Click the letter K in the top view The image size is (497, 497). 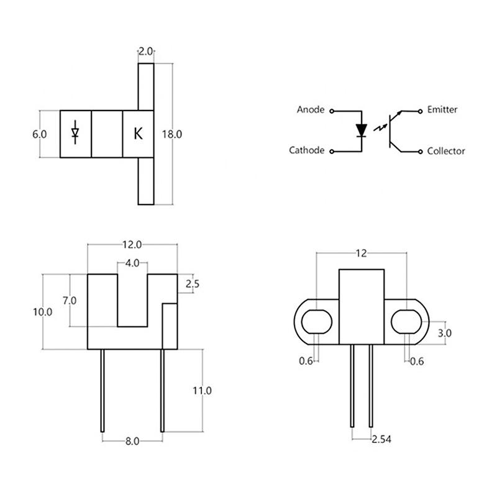click(138, 134)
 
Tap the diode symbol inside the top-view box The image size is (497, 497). click(76, 133)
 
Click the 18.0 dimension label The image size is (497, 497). click(171, 134)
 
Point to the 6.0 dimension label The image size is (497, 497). click(39, 134)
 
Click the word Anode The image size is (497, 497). click(311, 110)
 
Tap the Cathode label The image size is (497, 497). click(307, 150)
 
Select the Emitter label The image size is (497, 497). click(442, 110)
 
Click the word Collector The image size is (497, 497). click(446, 150)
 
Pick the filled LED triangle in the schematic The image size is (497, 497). click(362, 130)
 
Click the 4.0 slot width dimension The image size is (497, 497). click(132, 263)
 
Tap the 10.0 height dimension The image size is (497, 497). click(43, 312)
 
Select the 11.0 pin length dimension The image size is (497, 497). click(203, 391)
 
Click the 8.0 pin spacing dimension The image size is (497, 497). click(132, 441)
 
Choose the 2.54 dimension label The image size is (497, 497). click(382, 440)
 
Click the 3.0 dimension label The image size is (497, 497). click(444, 333)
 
